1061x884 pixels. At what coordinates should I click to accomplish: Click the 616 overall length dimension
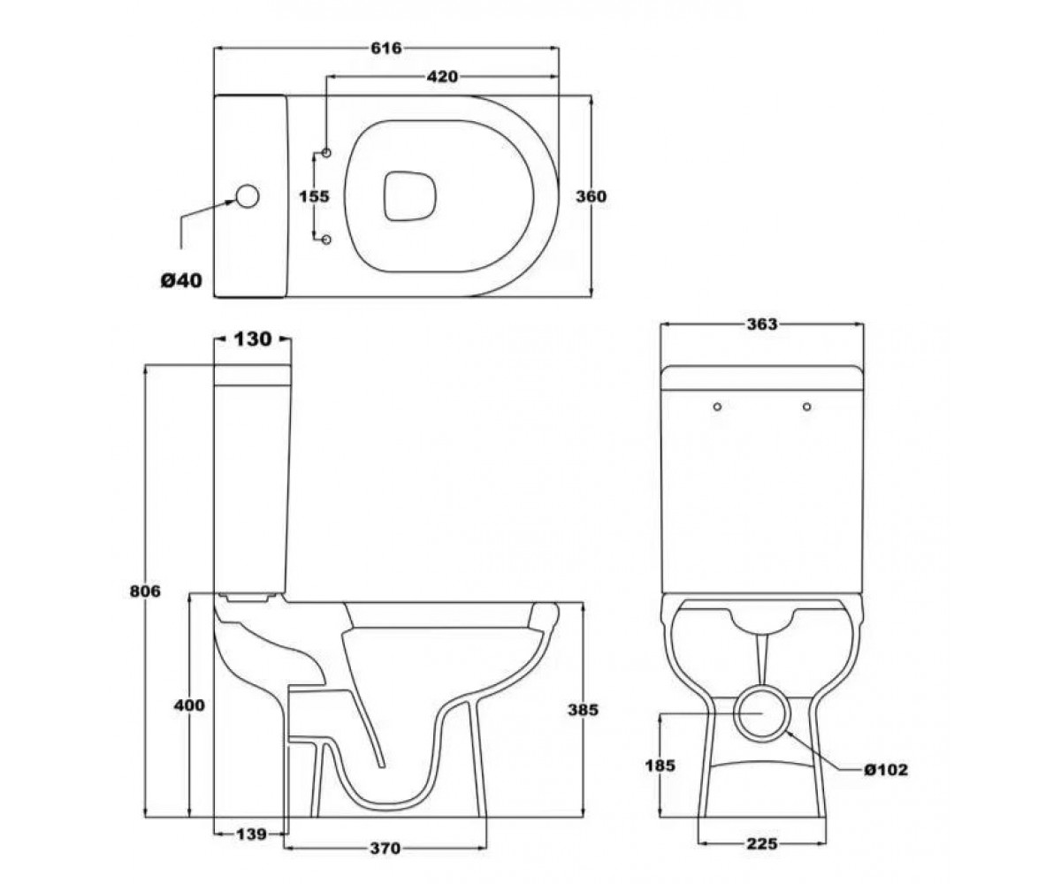click(x=386, y=49)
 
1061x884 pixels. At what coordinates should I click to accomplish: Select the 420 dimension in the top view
click(x=442, y=77)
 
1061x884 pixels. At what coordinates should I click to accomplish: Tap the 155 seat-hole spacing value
click(x=314, y=196)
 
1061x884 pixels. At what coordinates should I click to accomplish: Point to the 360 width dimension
click(x=591, y=196)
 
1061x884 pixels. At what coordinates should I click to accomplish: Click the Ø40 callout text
click(x=181, y=280)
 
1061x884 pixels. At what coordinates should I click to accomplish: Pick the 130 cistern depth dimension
click(x=253, y=339)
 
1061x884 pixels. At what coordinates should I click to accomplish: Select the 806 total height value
click(x=145, y=591)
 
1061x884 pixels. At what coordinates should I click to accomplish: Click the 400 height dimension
click(x=189, y=705)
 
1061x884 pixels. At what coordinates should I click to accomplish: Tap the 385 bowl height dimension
click(x=583, y=710)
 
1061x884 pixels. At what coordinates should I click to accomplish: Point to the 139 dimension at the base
click(x=251, y=834)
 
